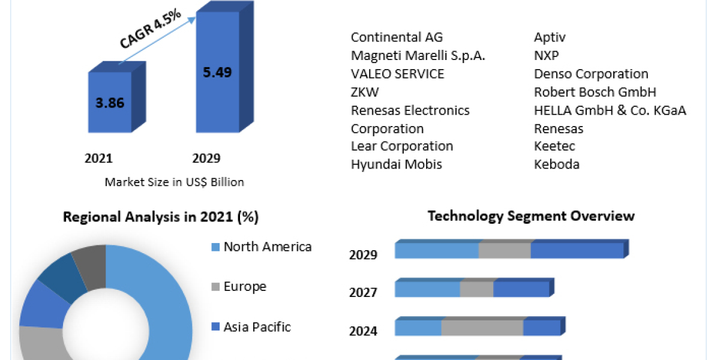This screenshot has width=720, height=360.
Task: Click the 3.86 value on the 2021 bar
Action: [x=110, y=103]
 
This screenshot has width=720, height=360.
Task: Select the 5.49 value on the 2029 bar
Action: [x=217, y=72]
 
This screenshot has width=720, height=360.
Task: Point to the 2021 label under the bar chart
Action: [x=98, y=158]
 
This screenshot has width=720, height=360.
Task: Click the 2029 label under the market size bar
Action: [x=206, y=158]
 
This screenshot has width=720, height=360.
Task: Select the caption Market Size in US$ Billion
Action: [x=174, y=182]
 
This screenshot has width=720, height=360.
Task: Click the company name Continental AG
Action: [x=397, y=37]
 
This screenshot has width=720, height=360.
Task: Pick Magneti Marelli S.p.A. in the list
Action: [x=418, y=56]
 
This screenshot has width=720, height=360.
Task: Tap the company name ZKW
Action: [x=365, y=92]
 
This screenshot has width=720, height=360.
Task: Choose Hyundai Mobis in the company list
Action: [x=396, y=164]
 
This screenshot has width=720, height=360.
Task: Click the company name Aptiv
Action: [x=550, y=37]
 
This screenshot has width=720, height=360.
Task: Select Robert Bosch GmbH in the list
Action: [x=595, y=92]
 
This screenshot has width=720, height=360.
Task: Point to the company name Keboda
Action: [x=557, y=164]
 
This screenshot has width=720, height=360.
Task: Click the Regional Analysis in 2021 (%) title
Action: [x=161, y=217]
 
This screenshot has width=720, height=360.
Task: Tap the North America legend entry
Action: [x=267, y=247]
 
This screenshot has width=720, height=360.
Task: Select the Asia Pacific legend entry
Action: [x=256, y=327]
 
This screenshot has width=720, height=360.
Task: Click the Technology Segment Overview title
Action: [x=531, y=216]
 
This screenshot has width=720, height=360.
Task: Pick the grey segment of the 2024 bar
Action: [x=482, y=328]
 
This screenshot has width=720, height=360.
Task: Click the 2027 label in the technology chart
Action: [x=363, y=293]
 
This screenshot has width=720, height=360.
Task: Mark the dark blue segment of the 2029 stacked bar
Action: [x=577, y=251]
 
